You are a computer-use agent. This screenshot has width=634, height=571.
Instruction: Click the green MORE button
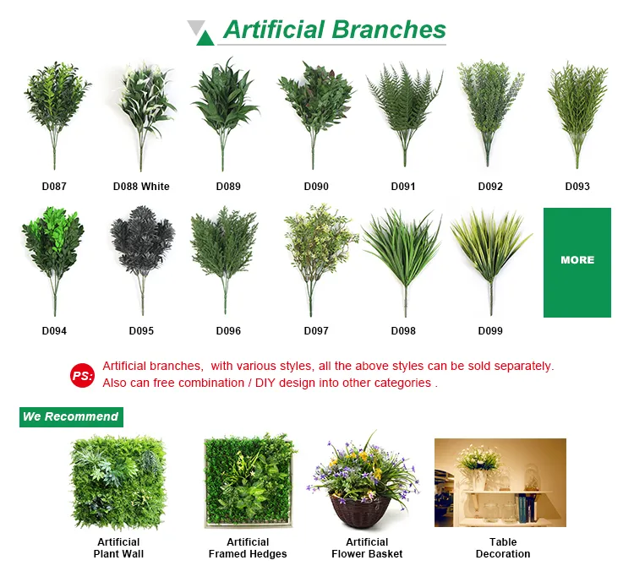coord(577,262)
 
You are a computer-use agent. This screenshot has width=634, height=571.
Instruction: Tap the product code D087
coord(54,187)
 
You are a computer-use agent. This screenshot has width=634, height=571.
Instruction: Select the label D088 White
coord(141,187)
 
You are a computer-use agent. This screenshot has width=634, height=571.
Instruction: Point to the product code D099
coord(490,331)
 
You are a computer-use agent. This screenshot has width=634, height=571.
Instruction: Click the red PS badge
coord(82,376)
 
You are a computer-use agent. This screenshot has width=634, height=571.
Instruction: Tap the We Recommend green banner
coord(71,416)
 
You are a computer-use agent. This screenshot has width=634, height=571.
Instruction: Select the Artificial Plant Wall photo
coord(118,483)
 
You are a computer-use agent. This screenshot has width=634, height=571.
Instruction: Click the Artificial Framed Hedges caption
coord(248,548)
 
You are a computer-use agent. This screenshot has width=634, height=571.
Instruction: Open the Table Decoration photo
coord(500,482)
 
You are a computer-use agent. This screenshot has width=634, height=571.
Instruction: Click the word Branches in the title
coord(389,30)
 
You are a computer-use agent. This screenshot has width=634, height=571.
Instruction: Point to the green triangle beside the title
coord(205,37)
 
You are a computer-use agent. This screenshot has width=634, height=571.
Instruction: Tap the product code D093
coord(577,187)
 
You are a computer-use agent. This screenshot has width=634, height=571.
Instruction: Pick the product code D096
coord(228,331)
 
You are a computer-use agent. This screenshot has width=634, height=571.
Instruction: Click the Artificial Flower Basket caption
coord(367,548)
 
